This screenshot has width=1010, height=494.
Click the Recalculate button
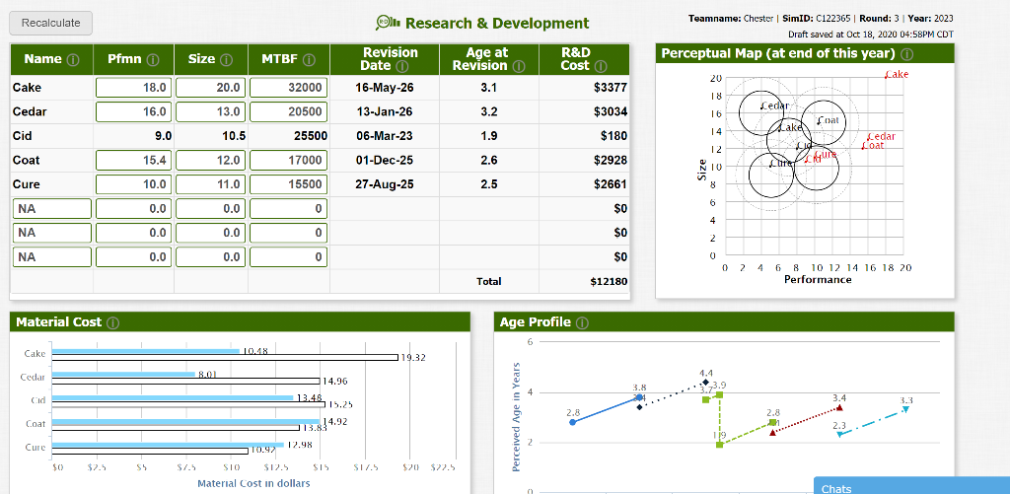tap(50, 22)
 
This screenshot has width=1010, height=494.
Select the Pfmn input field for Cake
tap(134, 88)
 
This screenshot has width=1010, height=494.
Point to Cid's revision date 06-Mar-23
tap(384, 135)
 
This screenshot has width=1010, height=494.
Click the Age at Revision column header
tap(487, 59)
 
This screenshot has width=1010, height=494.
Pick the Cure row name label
tap(27, 183)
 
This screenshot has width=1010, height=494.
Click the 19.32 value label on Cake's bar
tap(413, 357)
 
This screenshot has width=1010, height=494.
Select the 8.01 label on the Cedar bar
tap(207, 374)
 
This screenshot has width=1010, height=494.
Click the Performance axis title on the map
tap(818, 280)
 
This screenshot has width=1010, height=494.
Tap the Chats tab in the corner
tap(836, 488)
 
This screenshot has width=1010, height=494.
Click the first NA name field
tap(51, 207)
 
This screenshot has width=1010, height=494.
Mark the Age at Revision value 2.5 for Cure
tap(487, 183)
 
